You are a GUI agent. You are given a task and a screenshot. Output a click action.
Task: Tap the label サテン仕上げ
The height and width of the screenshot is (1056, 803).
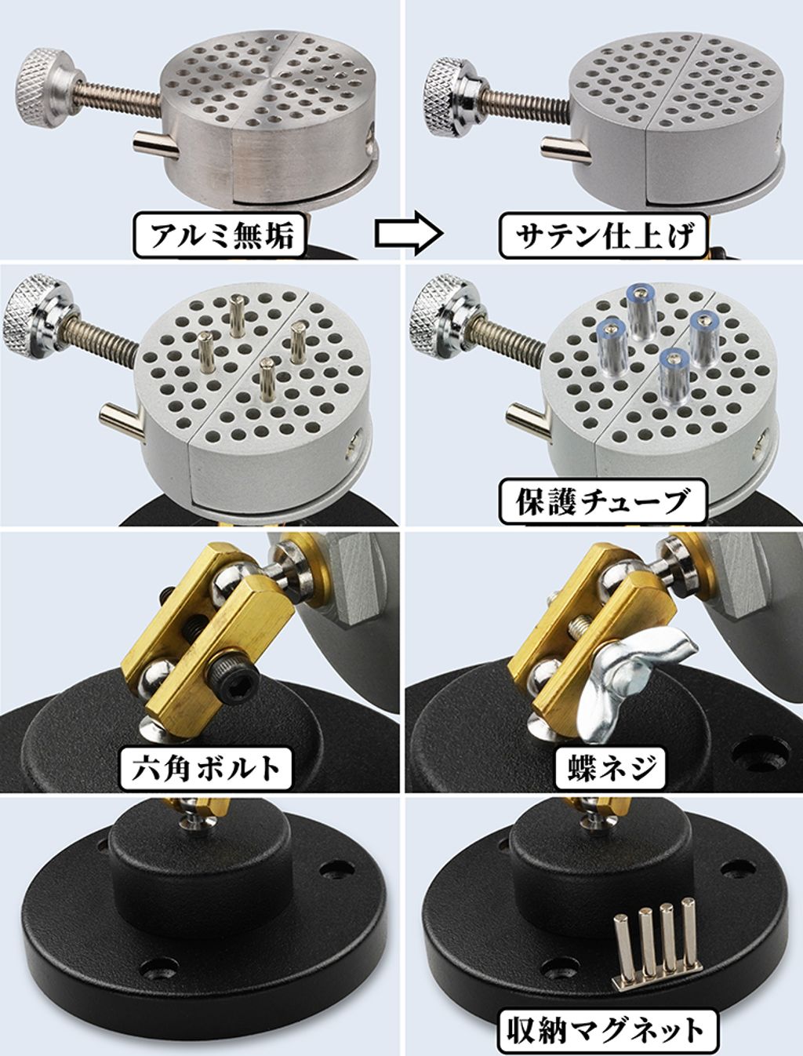[605, 235]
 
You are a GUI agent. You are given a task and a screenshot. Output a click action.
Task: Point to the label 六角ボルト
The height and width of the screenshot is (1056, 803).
[205, 768]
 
